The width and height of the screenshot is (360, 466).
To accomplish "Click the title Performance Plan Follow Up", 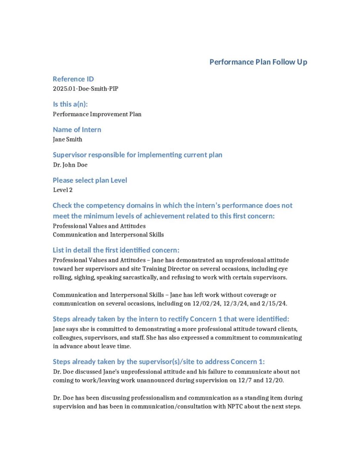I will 258,62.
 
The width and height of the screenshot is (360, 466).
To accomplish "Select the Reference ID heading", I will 73,79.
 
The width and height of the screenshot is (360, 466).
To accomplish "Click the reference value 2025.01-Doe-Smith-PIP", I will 85,89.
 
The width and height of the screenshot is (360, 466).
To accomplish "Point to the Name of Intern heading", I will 77,129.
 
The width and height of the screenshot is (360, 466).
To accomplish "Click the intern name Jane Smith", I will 67,139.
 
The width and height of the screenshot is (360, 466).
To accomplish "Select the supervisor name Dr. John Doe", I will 70,165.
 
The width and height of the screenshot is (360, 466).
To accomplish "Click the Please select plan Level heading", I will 90,180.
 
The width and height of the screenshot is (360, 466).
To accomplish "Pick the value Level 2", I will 63,190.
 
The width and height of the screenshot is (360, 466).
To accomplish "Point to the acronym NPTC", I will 235,406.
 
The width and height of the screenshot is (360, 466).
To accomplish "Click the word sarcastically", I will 139,277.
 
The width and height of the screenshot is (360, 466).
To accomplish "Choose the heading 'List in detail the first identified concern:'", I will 116,250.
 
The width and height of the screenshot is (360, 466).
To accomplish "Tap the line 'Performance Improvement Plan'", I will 97,114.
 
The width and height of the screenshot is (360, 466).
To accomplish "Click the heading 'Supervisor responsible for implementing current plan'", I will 138,155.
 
